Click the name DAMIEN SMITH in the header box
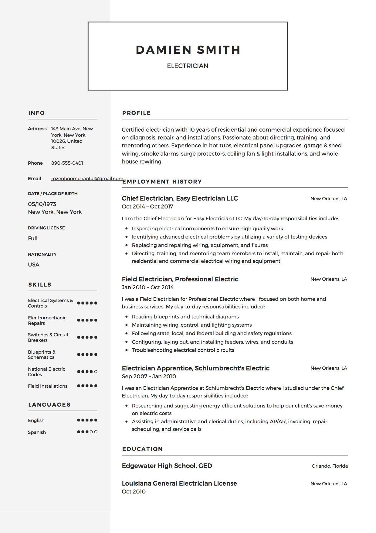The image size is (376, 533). [188, 50]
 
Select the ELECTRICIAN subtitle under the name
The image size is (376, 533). [188, 66]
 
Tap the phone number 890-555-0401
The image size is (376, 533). [67, 163]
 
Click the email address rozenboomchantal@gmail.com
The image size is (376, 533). [87, 179]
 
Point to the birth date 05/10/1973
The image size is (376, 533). [42, 204]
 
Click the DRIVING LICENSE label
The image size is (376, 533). [46, 228]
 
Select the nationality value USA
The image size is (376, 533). [34, 265]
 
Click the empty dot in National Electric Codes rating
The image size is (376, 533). [96, 372]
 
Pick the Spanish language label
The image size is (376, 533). [37, 432]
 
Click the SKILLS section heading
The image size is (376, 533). [40, 285]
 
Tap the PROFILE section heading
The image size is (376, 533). [137, 113]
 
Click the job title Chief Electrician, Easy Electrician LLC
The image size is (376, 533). [180, 198]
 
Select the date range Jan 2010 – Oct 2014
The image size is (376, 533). [147, 287]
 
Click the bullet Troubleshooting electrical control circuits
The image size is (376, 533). [183, 350]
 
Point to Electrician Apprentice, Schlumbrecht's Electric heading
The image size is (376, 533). [195, 368]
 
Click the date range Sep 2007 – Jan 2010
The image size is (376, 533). [149, 377]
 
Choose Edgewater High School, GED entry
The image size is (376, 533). [167, 466]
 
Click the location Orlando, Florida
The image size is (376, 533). [330, 466]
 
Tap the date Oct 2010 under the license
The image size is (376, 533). [134, 492]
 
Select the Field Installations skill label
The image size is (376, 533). [48, 386]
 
